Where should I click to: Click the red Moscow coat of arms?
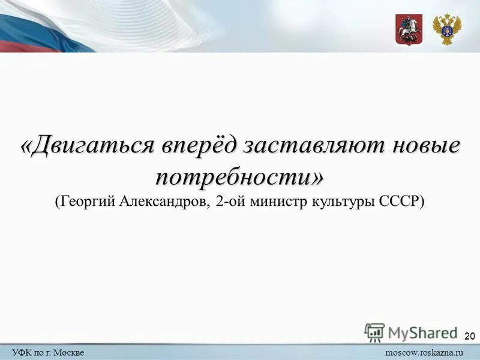[409, 29]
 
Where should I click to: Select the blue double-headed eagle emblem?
[447, 29]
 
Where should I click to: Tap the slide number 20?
[470, 335]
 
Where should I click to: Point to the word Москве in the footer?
[71, 352]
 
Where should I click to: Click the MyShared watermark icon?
[374, 332]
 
